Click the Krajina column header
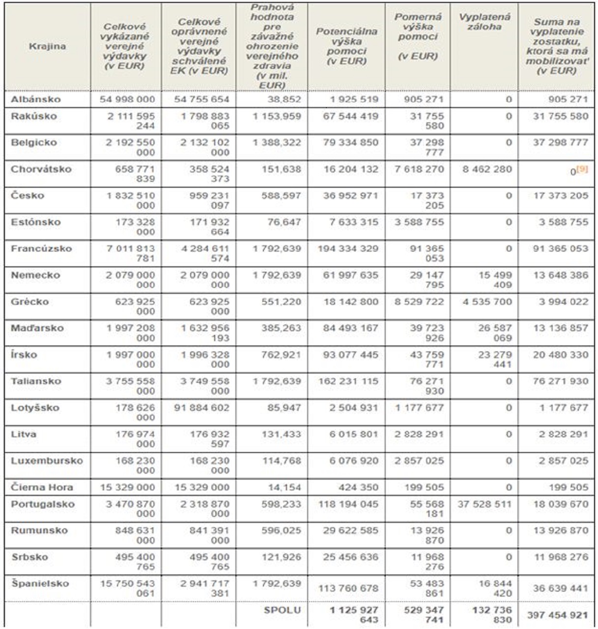coord(47,46)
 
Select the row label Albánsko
coord(36,99)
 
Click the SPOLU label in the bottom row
coord(282,610)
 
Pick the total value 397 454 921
coord(557,615)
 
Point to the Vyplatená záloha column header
coord(484,22)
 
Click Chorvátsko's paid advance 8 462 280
coord(486,169)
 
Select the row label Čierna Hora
coord(42,487)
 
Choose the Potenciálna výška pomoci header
coord(346,46)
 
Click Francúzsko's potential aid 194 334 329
coord(347,249)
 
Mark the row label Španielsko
coord(40,584)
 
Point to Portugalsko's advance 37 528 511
coord(484,504)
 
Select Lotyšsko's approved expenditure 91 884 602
coord(201,408)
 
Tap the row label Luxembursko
coord(47,461)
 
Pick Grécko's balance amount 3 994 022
coord(563,302)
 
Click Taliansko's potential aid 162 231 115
coord(347,381)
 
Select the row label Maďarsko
coord(37,328)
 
